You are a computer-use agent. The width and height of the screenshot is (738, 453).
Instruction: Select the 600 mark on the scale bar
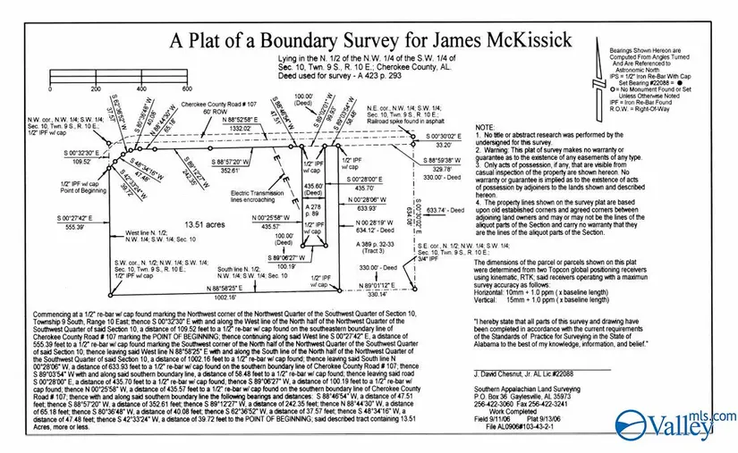(x=188, y=89)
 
